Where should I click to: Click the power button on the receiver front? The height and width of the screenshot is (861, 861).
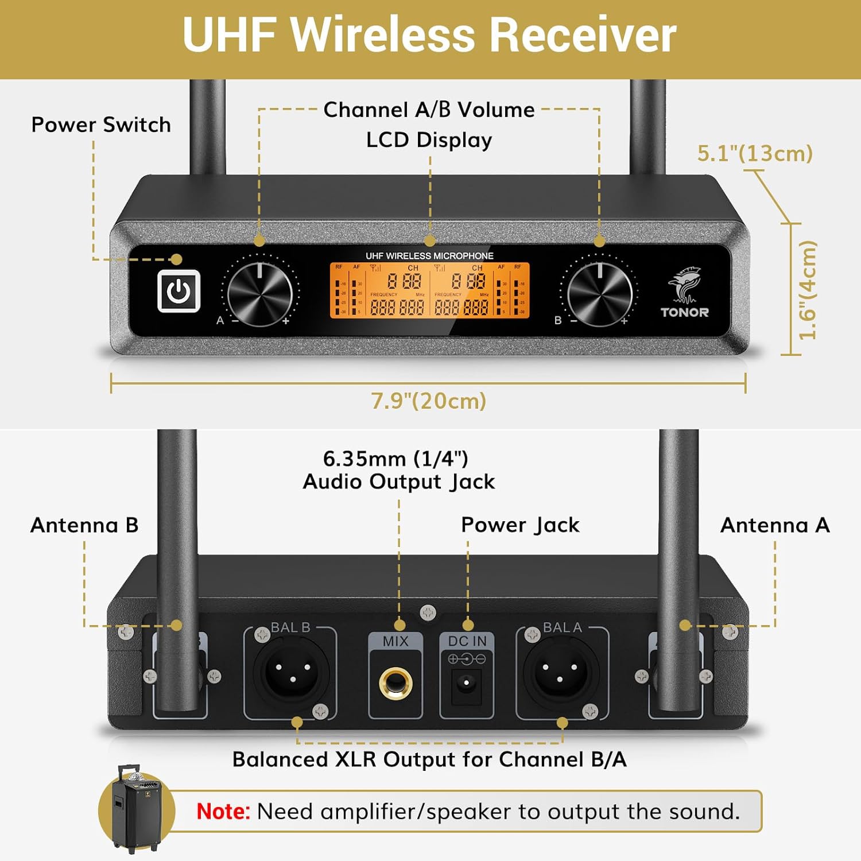(179, 291)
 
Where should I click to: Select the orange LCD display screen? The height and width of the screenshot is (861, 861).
(429, 290)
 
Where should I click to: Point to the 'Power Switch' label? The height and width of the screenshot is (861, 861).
(101, 125)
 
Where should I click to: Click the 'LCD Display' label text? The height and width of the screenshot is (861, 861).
(429, 140)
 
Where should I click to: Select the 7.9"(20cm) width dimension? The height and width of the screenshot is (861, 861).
(428, 401)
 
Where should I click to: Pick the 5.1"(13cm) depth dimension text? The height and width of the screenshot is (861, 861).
(754, 153)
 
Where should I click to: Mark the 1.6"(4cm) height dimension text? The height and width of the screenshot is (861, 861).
(807, 290)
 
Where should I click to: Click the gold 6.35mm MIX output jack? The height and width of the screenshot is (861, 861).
(395, 683)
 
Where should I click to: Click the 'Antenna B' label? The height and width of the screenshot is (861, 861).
(84, 525)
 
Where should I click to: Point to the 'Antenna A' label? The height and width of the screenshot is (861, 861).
(775, 525)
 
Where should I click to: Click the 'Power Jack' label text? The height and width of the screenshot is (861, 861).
(520, 525)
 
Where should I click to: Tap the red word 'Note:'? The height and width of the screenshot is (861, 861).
(223, 812)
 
